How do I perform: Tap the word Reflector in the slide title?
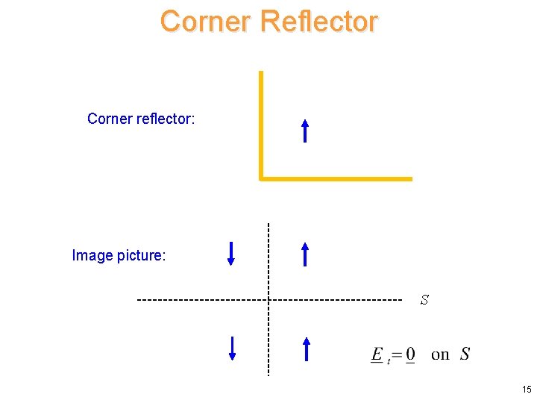(x=320, y=22)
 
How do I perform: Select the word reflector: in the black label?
(x=166, y=119)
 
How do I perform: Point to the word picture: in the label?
(x=142, y=256)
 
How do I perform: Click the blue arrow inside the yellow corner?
(x=304, y=131)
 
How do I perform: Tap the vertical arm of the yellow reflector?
(x=261, y=123)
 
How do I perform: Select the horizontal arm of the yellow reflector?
(x=336, y=178)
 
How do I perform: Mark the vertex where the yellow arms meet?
(x=261, y=178)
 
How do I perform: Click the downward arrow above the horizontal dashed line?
(x=231, y=253)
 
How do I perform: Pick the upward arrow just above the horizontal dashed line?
(x=304, y=254)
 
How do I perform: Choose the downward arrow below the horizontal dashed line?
(x=232, y=349)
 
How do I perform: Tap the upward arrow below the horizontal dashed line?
(x=305, y=349)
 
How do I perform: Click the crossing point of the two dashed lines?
(x=268, y=300)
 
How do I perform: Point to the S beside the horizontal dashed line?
(x=424, y=300)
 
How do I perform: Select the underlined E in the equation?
(x=377, y=354)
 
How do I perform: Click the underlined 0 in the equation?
(x=411, y=354)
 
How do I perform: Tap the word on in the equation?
(x=440, y=354)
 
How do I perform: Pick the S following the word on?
(x=465, y=354)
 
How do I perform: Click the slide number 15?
(x=527, y=390)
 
